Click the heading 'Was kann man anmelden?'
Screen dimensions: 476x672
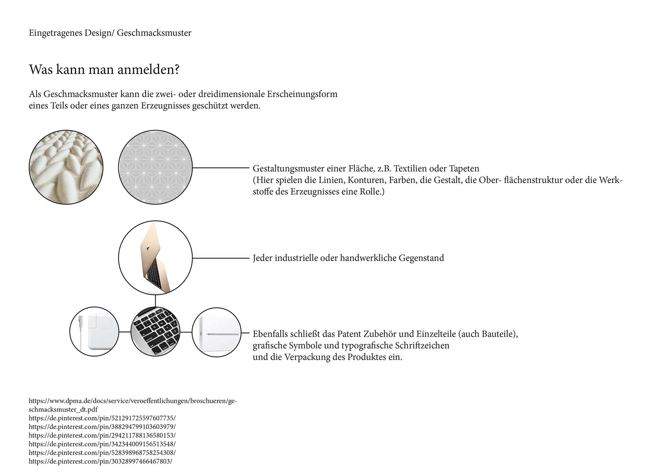pos(104,69)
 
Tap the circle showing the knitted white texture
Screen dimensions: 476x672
pos(66,167)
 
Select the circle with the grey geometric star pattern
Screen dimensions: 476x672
pos(155,167)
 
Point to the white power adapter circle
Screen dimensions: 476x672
pos(94,332)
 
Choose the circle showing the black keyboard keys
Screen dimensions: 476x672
pos(155,332)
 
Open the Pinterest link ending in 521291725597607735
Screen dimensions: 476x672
pos(102,418)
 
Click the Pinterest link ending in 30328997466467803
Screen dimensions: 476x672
pos(100,461)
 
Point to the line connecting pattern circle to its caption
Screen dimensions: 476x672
pos(220,168)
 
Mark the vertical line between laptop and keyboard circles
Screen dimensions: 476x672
pos(155,300)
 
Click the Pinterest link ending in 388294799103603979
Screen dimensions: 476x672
pos(102,427)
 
